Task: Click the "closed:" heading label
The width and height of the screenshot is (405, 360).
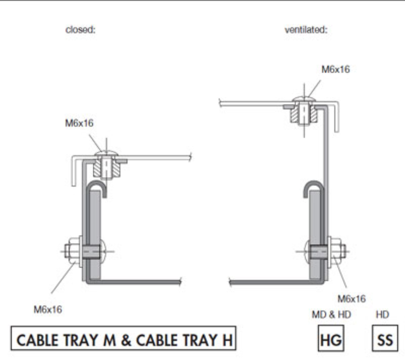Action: [x=81, y=30]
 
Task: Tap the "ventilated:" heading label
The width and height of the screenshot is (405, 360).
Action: [x=306, y=30]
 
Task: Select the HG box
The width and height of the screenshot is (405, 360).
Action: [x=331, y=338]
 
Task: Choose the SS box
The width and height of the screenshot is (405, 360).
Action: [x=385, y=338]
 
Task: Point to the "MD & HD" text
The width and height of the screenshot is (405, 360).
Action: [x=331, y=315]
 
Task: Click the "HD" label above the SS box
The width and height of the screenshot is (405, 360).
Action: [x=382, y=315]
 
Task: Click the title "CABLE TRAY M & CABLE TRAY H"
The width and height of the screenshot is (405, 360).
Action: [x=124, y=338]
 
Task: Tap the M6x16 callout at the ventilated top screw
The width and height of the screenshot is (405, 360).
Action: [x=336, y=69]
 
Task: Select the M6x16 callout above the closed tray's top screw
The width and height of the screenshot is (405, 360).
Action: [x=79, y=123]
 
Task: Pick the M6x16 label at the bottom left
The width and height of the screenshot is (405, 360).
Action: [x=48, y=309]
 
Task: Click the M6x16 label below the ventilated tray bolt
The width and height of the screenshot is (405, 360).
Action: [x=352, y=299]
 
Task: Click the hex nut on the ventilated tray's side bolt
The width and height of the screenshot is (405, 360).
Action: [x=338, y=251]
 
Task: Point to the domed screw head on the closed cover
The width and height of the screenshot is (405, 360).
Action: [x=106, y=153]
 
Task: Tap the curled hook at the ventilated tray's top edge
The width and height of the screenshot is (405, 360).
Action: [x=313, y=189]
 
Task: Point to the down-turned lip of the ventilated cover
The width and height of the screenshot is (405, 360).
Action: [x=337, y=117]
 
